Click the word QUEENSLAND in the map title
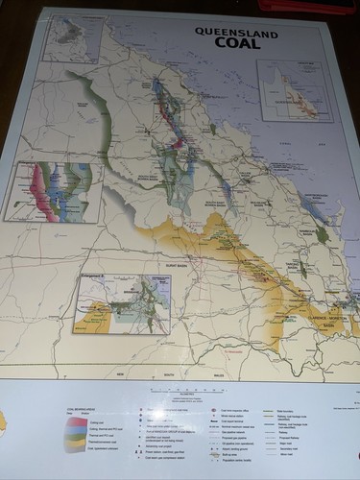[223, 30]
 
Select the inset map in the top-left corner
[73, 39]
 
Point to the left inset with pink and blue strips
[52, 191]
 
